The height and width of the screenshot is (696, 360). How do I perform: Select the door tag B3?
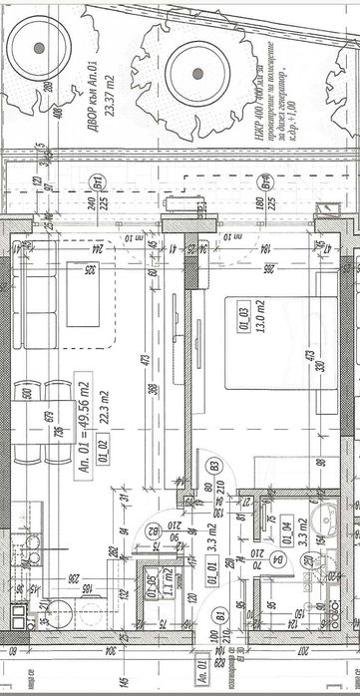[x=213, y=465]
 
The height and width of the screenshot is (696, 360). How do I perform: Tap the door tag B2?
[x=153, y=531]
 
